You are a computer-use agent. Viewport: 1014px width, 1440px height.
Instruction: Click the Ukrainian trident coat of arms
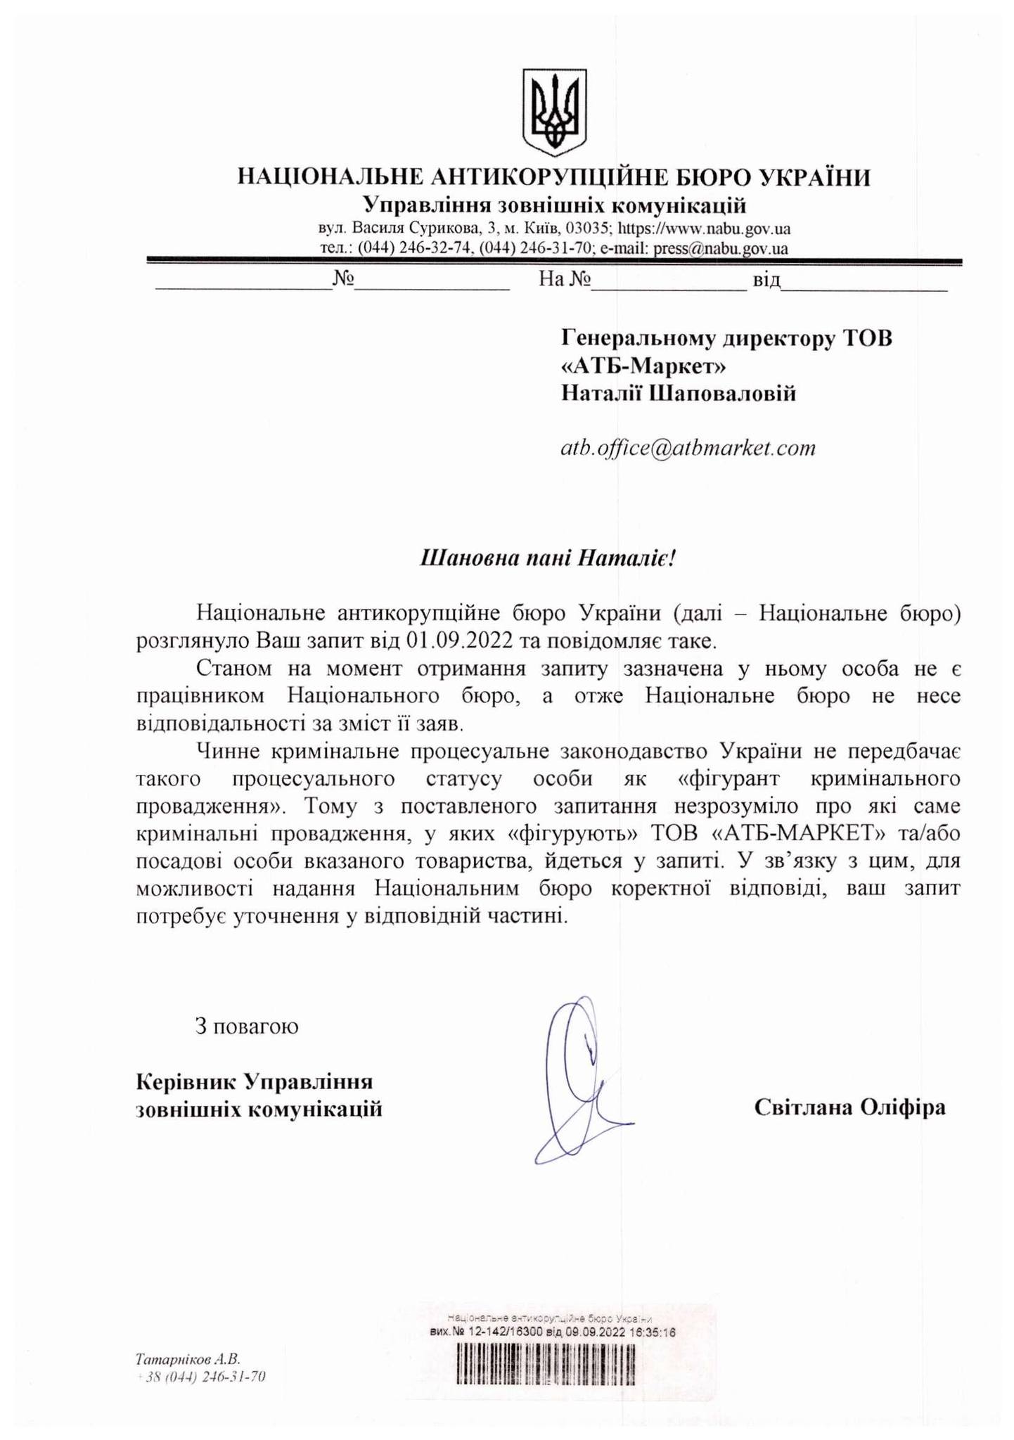(x=554, y=112)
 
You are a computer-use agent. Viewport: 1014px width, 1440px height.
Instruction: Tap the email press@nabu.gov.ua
(x=721, y=248)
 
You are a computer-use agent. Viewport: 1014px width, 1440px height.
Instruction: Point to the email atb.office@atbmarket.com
(x=688, y=448)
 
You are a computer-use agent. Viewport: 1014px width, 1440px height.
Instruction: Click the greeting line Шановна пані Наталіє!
(x=548, y=558)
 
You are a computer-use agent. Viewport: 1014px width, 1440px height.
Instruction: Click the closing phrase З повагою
(x=247, y=1026)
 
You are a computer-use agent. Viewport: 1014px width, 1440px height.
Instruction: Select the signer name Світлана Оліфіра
(x=849, y=1107)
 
